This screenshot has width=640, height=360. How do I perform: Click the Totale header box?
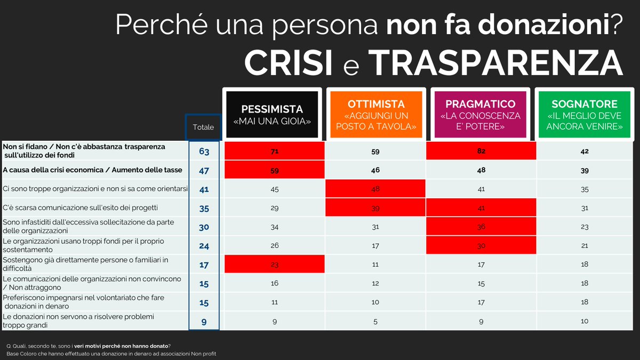tap(203, 127)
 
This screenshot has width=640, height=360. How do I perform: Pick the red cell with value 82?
tap(480, 151)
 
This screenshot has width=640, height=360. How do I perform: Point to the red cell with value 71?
tap(275, 151)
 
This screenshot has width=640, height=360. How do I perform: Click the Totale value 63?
tap(204, 151)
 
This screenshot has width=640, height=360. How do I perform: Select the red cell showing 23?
tap(275, 263)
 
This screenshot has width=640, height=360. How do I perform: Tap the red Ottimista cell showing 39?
tap(375, 207)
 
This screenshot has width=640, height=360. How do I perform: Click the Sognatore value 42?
tap(585, 151)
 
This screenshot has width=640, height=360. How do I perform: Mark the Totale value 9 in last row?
tap(204, 322)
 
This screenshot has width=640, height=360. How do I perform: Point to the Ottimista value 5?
tap(375, 321)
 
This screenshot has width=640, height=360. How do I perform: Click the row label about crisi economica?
tap(92, 170)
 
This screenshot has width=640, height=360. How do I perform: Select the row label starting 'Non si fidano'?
tap(84, 150)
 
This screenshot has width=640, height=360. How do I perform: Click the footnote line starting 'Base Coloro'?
tap(111, 354)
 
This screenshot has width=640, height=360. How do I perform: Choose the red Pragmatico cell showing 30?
tap(480, 245)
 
